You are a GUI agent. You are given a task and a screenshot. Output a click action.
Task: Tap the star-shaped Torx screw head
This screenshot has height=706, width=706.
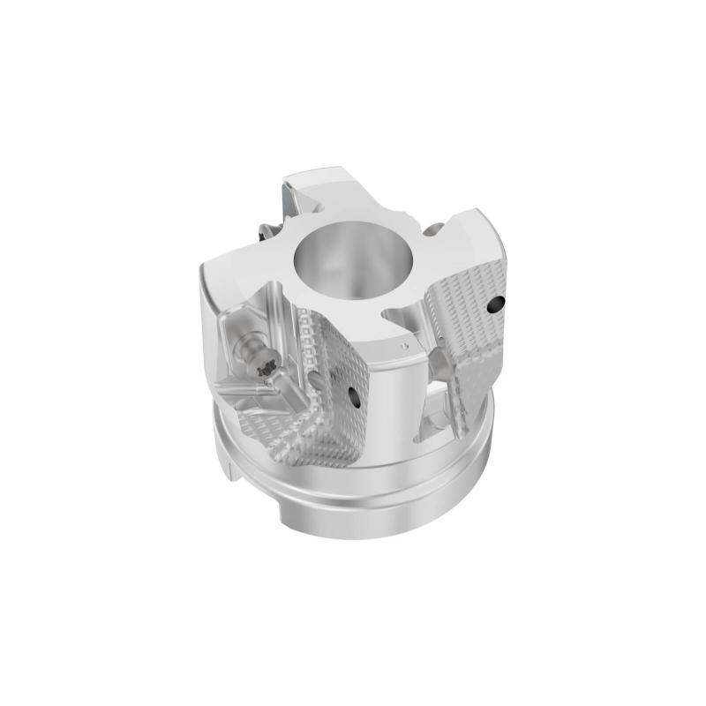pyautogui.click(x=265, y=369)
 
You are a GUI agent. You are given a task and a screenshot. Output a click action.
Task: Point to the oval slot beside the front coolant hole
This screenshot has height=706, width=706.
pyautogui.click(x=317, y=379)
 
